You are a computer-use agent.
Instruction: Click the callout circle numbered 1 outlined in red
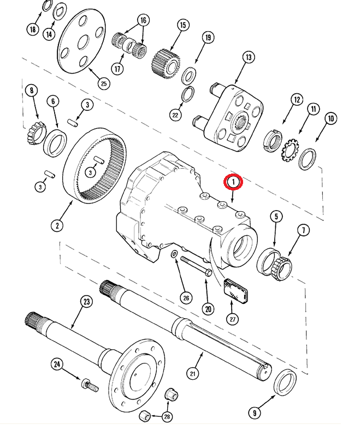click(234, 181)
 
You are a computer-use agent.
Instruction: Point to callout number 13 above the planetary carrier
click(249, 57)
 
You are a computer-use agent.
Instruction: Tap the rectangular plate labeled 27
click(235, 289)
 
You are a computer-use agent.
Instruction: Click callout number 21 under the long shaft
click(192, 373)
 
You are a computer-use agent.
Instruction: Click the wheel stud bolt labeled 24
click(88, 385)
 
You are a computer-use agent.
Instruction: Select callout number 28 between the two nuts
click(167, 417)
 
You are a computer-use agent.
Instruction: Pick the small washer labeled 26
click(173, 254)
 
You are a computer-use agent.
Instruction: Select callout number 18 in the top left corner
click(33, 29)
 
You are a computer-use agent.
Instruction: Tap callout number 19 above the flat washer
click(208, 37)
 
